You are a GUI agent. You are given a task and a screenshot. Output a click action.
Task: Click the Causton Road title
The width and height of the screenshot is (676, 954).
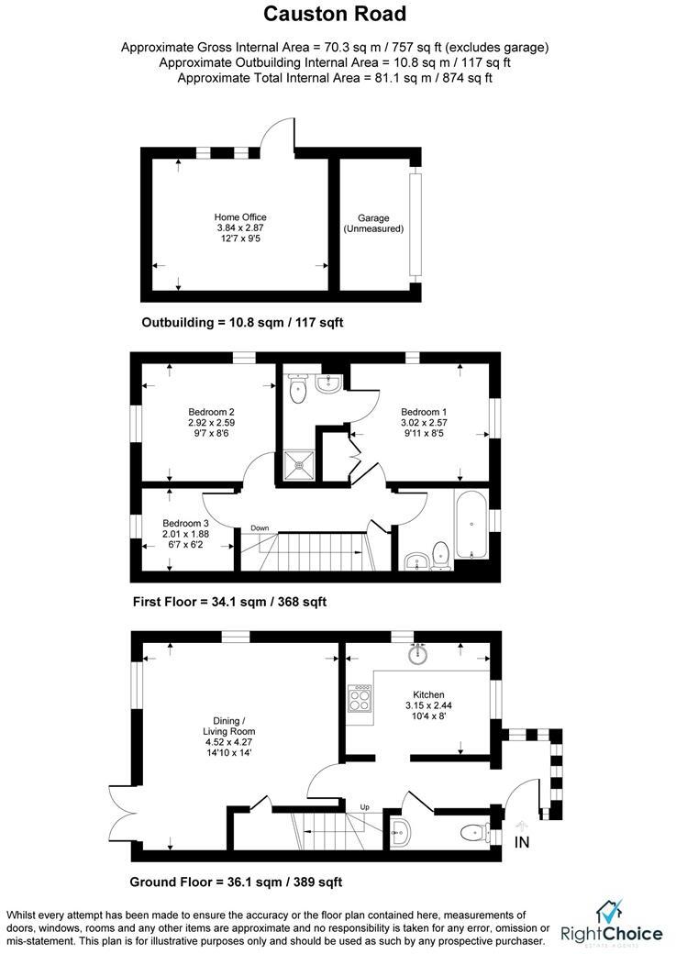coord(335,15)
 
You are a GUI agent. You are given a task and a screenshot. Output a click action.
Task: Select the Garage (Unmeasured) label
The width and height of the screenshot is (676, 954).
coord(373,223)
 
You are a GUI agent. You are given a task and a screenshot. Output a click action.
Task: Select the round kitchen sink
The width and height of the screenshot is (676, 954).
coord(420,654)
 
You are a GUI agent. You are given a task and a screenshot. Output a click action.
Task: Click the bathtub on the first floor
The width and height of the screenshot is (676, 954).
coord(471,527)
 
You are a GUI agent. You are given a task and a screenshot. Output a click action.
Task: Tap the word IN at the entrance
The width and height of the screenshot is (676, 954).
coord(522,841)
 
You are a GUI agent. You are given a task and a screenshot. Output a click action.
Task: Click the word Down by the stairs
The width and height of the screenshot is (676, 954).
coord(260,527)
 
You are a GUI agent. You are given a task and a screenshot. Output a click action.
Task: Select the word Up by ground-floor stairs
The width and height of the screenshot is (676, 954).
coord(364,807)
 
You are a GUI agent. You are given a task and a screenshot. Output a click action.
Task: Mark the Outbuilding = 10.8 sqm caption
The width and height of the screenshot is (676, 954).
coord(242,323)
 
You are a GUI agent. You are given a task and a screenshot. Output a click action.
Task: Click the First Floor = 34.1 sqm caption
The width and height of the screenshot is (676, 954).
coord(229,602)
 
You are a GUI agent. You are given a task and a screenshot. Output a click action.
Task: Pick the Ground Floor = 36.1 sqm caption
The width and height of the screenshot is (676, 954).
coord(236,882)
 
